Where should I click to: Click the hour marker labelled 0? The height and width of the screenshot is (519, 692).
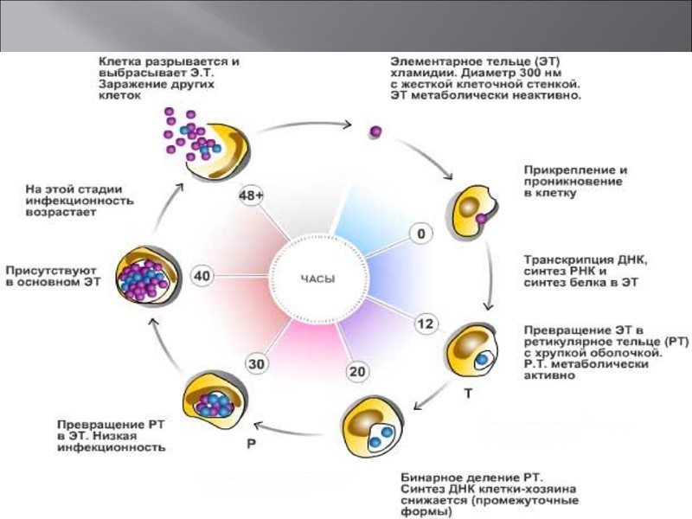[421, 234]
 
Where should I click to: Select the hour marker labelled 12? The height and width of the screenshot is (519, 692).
[425, 324]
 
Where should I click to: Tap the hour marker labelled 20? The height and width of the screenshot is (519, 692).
[357, 372]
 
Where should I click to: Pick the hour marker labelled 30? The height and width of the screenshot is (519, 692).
[257, 365]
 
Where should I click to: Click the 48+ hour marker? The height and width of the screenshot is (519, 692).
[252, 196]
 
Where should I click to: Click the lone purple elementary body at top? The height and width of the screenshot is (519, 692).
[376, 131]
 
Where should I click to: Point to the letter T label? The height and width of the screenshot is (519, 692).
[468, 392]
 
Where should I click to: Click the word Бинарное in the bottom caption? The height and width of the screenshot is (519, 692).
[431, 477]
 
